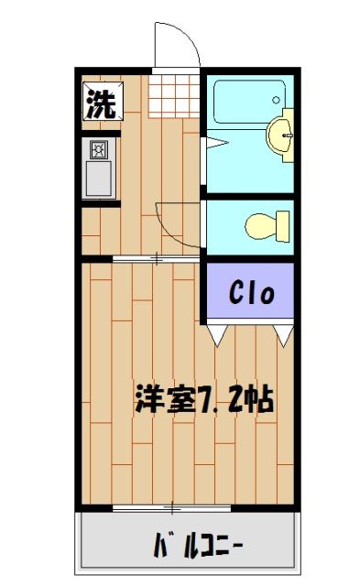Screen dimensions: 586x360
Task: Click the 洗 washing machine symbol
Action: coord(101,102)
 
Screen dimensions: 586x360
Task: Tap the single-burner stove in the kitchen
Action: coord(98,149)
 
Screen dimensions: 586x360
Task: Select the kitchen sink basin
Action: coord(98,177)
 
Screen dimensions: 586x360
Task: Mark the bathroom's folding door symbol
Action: coord(212,142)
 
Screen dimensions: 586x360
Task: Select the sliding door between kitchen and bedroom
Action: coord(156,259)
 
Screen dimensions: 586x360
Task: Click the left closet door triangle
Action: coord(217,336)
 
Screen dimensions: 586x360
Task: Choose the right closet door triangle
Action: coord(283,336)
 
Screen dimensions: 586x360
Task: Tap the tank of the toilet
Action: coord(283,223)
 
